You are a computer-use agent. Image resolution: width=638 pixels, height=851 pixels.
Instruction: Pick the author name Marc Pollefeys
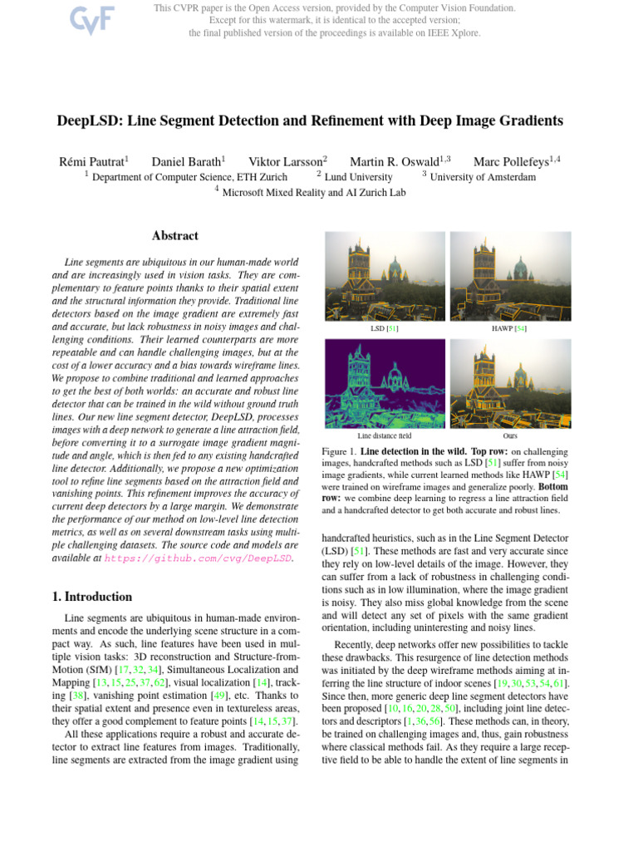pos(514,161)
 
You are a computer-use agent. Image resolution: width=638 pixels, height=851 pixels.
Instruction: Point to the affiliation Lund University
pos(359,177)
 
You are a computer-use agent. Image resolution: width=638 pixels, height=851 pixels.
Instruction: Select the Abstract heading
pos(175,236)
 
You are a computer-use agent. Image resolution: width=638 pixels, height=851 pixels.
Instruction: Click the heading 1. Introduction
pos(91,597)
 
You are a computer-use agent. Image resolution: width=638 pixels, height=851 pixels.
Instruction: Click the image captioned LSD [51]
pos(384,278)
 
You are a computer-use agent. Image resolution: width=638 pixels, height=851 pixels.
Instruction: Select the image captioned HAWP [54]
pos(509,278)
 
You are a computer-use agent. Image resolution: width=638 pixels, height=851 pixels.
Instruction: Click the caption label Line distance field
pos(384,435)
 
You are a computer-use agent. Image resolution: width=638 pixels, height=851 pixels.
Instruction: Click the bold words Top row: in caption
pos(493,450)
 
